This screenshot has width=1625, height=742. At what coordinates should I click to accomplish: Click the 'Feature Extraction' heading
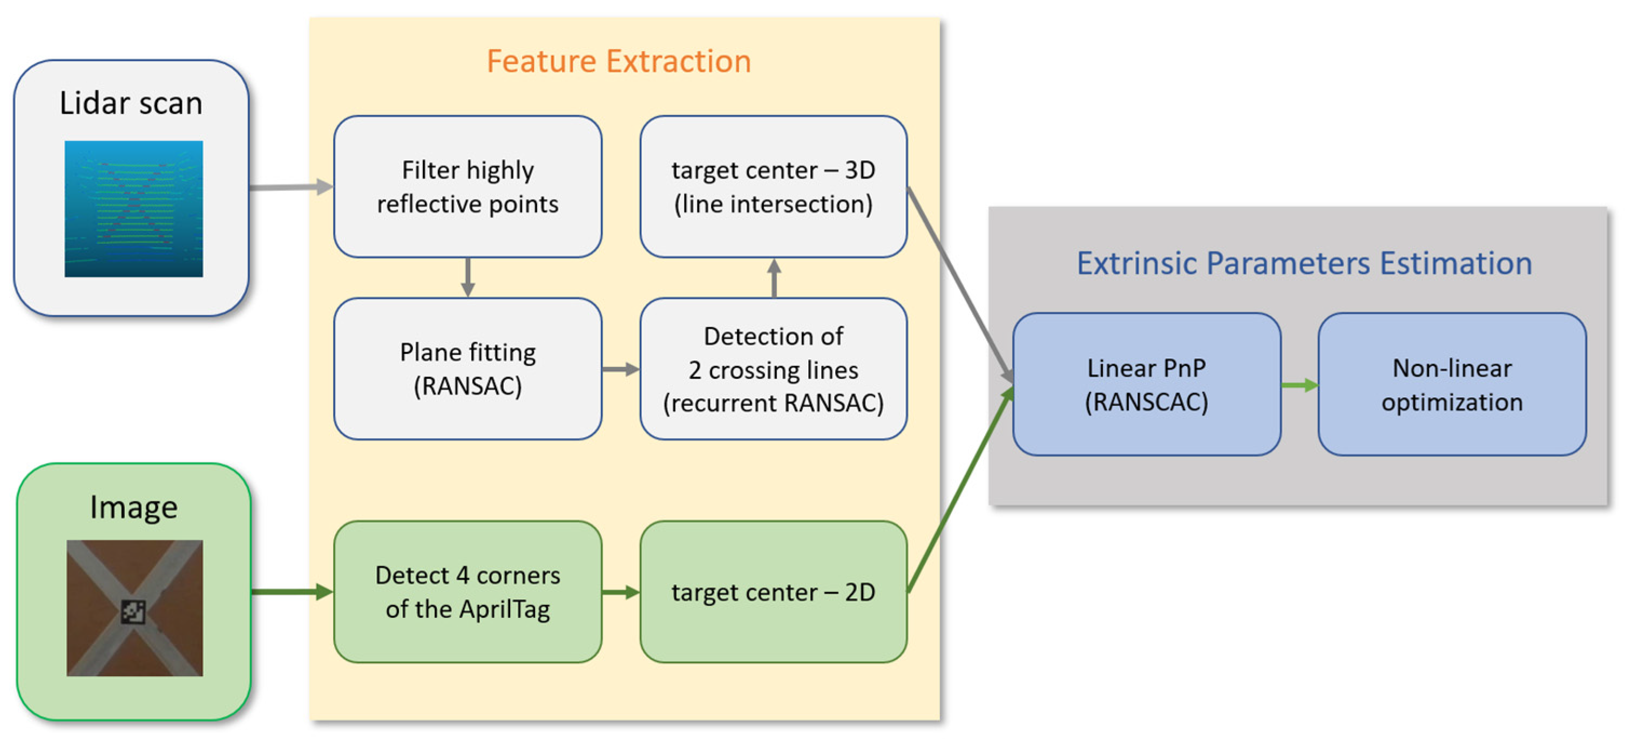coord(618,62)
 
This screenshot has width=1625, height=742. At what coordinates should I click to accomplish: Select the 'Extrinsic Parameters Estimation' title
coord(1304,263)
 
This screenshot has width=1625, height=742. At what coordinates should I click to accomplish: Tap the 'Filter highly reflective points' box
coord(468,187)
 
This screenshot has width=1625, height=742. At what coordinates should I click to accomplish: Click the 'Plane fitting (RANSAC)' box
coord(468,369)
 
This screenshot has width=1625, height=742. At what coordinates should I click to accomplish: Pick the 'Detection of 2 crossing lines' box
coord(774,369)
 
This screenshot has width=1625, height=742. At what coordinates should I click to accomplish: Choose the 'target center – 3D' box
coord(774,187)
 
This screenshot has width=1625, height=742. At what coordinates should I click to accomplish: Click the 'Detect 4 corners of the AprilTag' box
coord(468,591)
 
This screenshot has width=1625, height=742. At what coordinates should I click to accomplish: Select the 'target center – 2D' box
coord(774,591)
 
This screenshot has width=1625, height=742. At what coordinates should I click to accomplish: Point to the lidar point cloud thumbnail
coord(134,209)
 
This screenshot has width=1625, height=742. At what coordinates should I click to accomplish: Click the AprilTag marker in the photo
coord(133,611)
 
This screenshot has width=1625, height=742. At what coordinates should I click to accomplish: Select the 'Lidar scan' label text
coord(131,103)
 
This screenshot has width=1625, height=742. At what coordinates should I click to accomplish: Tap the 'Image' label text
coord(134,507)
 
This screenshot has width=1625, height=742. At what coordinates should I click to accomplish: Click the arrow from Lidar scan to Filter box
coord(290,187)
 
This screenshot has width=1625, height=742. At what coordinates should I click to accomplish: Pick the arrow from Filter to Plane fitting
coord(468,277)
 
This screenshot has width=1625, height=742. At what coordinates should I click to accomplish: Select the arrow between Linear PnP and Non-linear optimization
coord(1299,385)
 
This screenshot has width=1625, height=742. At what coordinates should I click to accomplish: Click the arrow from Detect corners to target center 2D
coord(621,591)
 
